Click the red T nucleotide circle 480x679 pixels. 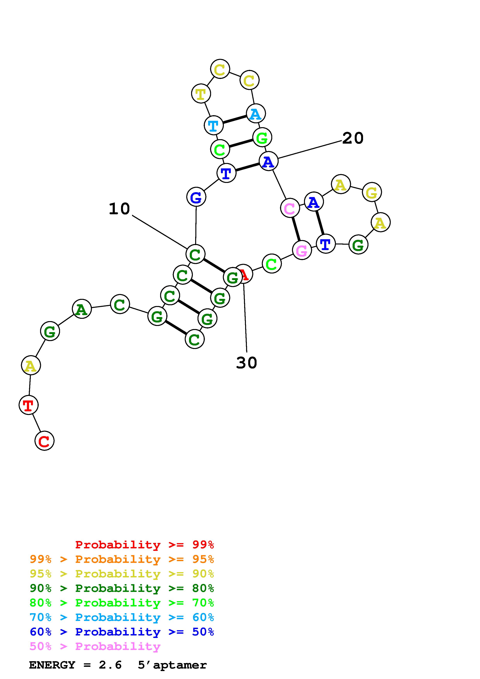[x=28, y=405]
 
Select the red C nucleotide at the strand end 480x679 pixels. [x=44, y=441]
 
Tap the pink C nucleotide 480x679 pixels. [x=290, y=208]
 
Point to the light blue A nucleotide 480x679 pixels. [x=256, y=113]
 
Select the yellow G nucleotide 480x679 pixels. [x=372, y=192]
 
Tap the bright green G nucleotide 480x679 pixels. [x=262, y=137]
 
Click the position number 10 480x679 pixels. [x=119, y=209]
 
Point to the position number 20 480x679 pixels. [x=353, y=138]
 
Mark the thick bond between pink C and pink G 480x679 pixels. [x=296, y=229]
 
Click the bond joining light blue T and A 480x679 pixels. [x=234, y=119]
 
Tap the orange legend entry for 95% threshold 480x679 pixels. [x=122, y=559]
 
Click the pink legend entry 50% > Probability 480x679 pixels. [x=95, y=646]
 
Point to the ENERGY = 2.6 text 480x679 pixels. [x=75, y=665]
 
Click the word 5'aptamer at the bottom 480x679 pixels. [x=172, y=665]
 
